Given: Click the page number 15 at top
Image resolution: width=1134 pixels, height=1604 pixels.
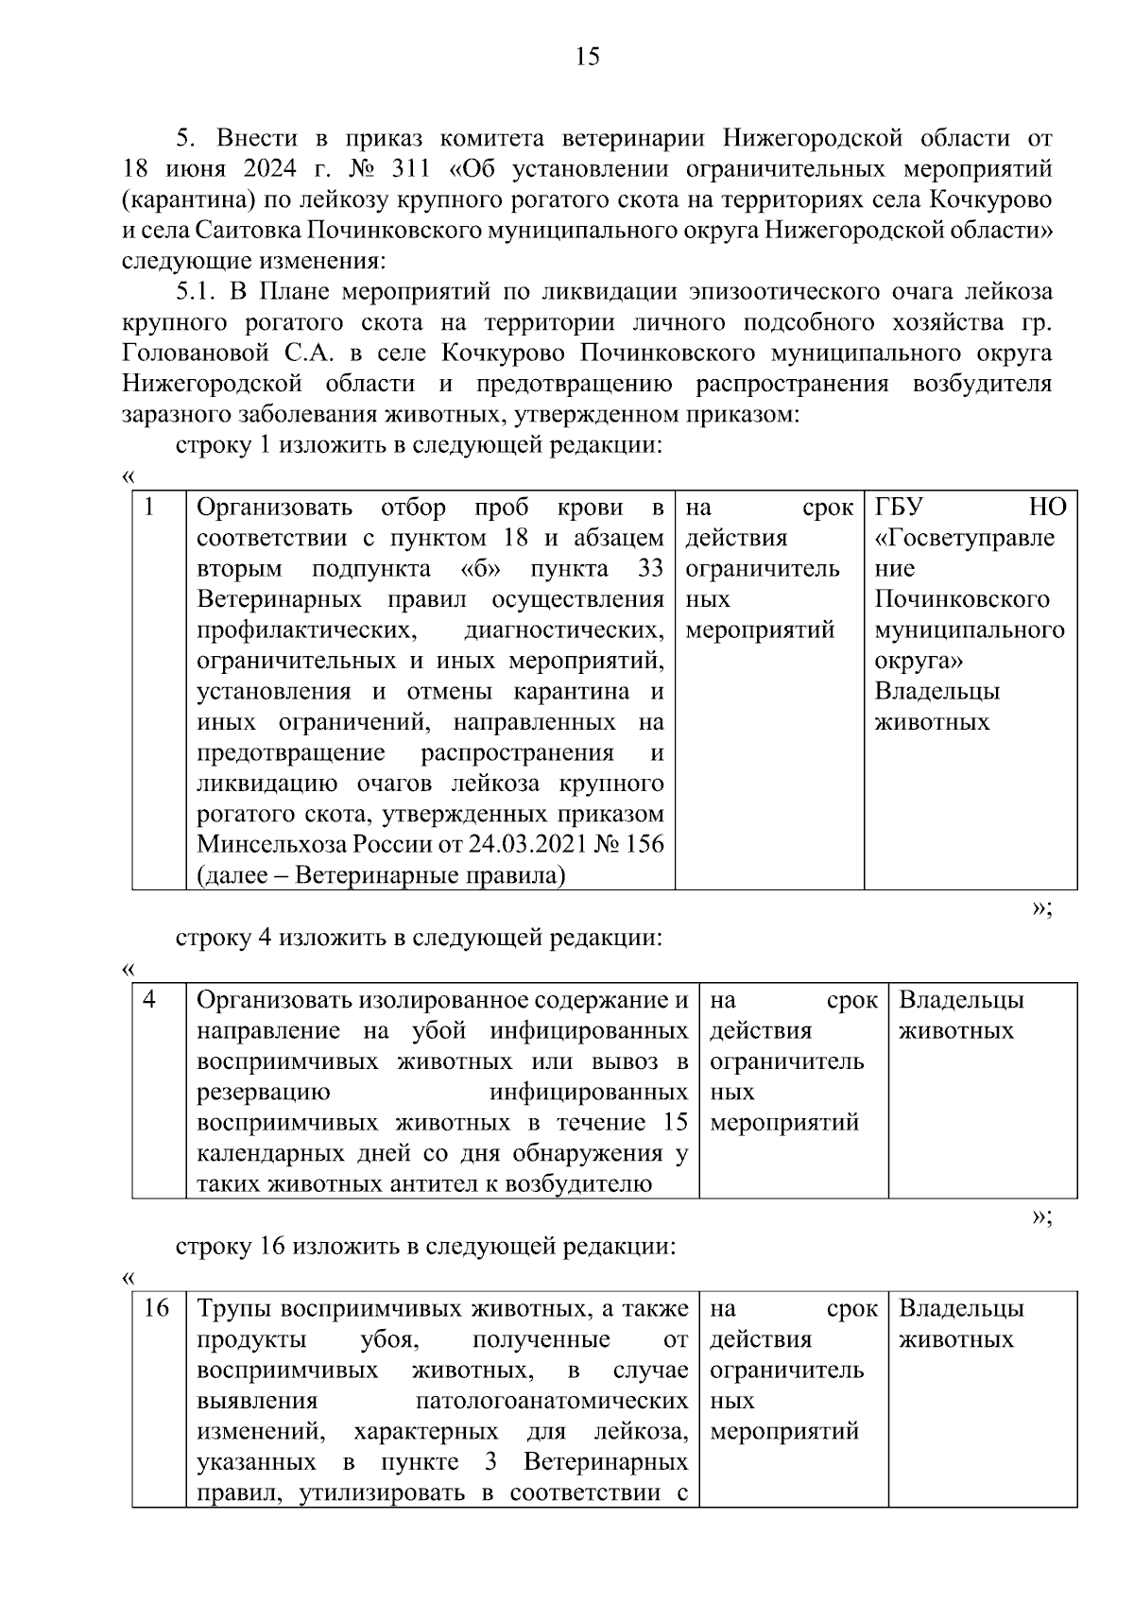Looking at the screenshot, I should (x=587, y=57).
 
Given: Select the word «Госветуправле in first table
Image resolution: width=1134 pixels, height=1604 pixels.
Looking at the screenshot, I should (x=965, y=538).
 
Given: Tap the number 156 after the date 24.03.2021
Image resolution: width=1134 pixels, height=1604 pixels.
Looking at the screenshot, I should (x=644, y=844).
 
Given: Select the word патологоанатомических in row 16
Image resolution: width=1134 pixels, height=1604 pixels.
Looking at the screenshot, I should (x=552, y=1401).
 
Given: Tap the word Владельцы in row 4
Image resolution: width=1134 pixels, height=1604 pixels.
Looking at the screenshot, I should (x=961, y=1000).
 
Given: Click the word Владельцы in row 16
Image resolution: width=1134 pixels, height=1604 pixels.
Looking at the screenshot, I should (x=961, y=1309).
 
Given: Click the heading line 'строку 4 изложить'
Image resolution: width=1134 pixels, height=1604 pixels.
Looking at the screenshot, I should (x=419, y=938).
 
